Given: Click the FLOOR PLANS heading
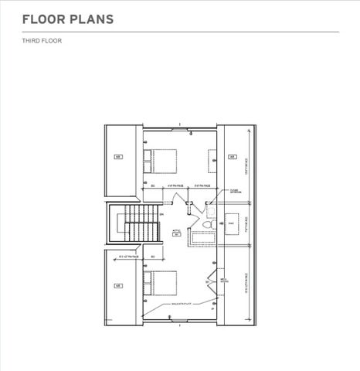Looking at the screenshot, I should [58, 18].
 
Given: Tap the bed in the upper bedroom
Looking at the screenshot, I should [165, 161].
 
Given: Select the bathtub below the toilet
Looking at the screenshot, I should [205, 237].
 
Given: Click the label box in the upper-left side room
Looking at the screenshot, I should [119, 157].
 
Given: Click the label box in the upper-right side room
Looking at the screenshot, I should [231, 157].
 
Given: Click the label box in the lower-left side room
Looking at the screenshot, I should [119, 285].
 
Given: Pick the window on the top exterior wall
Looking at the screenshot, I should [179, 132].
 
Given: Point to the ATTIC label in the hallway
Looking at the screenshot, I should [175, 230].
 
